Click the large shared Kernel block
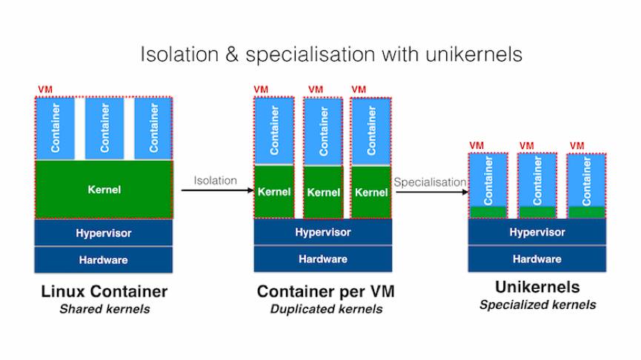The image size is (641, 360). (104, 190)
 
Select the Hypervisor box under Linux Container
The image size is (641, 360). (104, 233)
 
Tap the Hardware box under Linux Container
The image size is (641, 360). (104, 260)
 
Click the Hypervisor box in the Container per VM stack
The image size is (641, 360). (323, 232)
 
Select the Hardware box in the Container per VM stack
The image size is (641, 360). (323, 259)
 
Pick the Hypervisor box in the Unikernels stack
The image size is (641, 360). (537, 232)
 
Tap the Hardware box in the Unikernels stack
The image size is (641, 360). (537, 259)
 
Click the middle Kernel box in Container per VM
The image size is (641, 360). (323, 193)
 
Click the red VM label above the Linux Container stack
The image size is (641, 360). (44, 90)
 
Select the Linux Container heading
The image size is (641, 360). (104, 291)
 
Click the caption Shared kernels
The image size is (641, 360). (104, 309)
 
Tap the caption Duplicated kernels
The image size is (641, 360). (326, 309)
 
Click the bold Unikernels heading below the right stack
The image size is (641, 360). (537, 287)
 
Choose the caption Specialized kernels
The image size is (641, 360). (537, 304)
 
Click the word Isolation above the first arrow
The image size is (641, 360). (216, 180)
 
